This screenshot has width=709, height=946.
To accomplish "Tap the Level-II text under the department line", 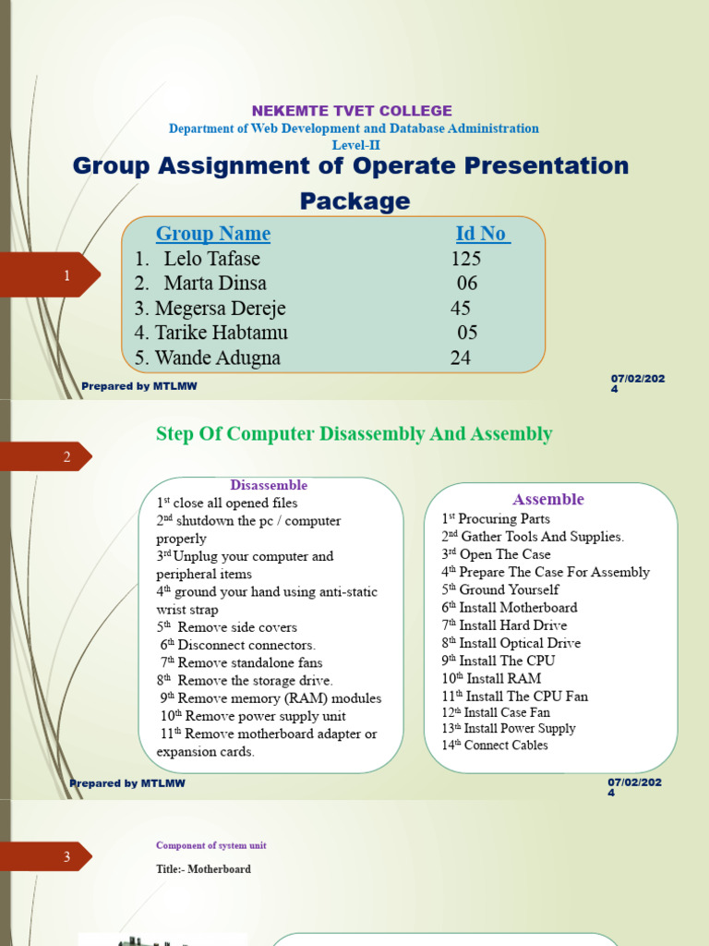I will (x=355, y=144).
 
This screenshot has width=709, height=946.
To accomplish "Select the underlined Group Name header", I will (x=213, y=234).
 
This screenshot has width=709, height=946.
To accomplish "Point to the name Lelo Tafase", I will (x=211, y=259).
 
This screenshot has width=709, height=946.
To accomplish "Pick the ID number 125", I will (x=466, y=259).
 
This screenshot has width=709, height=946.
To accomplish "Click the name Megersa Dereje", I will (x=221, y=308).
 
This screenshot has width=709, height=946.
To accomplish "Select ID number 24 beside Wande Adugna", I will (x=461, y=358).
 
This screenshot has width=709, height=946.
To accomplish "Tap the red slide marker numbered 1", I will (x=66, y=276).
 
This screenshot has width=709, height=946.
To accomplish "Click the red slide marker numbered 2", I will (x=66, y=456).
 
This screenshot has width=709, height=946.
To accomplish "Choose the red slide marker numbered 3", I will (x=66, y=857).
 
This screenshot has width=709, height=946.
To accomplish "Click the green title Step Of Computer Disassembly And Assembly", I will (x=354, y=433).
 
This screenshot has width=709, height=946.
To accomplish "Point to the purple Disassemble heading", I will (x=269, y=485).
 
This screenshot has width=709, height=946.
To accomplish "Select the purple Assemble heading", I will (x=549, y=499).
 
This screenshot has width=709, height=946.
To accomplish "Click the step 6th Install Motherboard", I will (x=510, y=608).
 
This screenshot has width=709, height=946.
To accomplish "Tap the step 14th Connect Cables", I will (x=495, y=745).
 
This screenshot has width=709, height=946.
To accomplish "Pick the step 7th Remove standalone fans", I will (x=242, y=662).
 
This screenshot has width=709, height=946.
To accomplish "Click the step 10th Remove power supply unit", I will (x=253, y=716).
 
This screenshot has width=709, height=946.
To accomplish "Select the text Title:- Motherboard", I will (x=203, y=869).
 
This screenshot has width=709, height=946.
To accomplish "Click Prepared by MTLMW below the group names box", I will (x=138, y=385).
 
